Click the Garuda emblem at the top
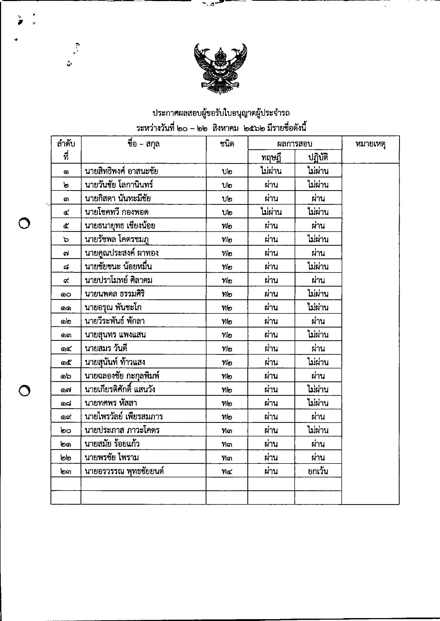coord(221,69)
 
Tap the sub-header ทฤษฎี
coord(271,157)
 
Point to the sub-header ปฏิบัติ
coord(318,157)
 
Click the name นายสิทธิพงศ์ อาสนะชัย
coord(121,171)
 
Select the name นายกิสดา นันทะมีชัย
coord(118,198)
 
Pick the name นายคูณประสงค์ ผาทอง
coord(121,253)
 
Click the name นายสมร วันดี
coord(106,348)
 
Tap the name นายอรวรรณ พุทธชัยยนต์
coord(124,471)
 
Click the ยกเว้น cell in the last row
coord(318,471)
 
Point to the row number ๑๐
coord(66,294)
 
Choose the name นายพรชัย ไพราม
coord(112,458)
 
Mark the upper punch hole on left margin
coord(24,223)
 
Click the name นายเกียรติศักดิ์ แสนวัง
coord(120,389)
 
